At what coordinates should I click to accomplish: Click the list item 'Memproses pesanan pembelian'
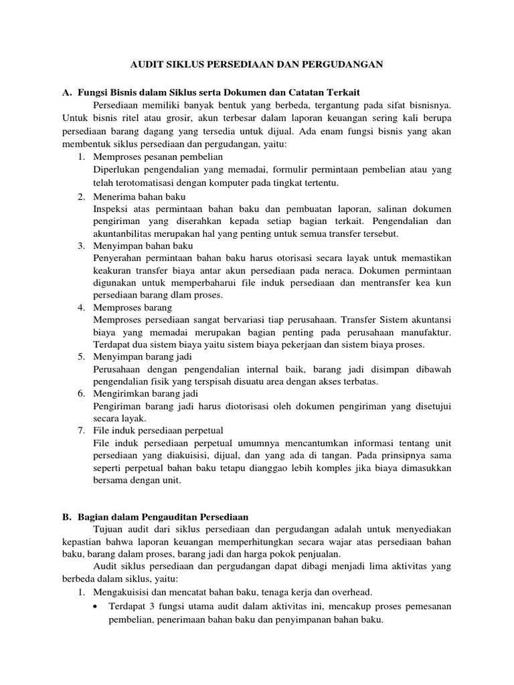pyautogui.click(x=158, y=156)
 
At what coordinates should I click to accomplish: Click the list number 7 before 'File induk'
pyautogui.click(x=80, y=429)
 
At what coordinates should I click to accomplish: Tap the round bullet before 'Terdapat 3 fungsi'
pyautogui.click(x=98, y=606)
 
